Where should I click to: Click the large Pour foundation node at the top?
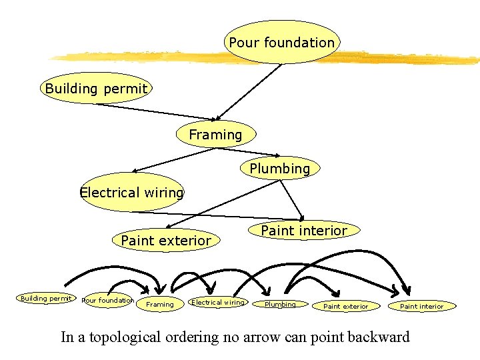coord(282,43)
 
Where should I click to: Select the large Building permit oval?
coord(96,88)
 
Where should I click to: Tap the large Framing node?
coord(215,135)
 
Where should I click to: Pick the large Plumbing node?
coord(280,169)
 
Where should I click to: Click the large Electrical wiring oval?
coord(131,193)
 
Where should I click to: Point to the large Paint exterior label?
coord(166,240)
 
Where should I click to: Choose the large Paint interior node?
coord(304,231)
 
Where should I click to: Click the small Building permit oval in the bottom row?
coord(45,299)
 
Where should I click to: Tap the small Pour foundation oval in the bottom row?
coord(107,301)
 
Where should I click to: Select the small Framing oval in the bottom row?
coord(160,304)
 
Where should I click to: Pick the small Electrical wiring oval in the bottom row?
coord(218,303)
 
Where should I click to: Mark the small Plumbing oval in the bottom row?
coord(280,305)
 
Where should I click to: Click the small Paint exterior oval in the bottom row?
coord(345,306)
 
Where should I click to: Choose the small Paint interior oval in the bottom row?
coord(421,306)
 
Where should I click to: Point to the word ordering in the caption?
coord(190,337)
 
